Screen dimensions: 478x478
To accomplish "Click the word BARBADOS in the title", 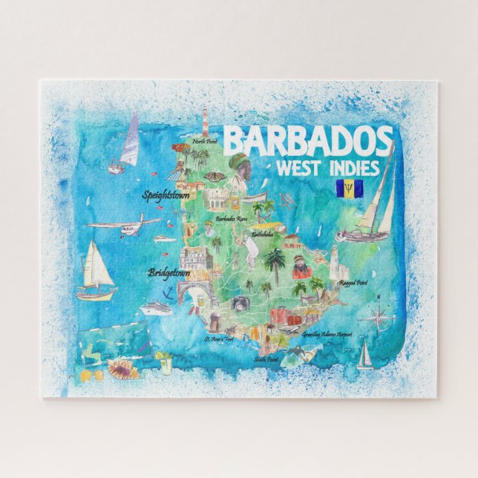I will [308, 140].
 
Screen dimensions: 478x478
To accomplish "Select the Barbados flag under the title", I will [345, 189].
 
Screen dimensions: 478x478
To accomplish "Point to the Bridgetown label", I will [168, 272].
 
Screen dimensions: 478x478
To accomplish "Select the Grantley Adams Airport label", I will [327, 335].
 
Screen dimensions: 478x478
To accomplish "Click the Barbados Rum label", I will [231, 218].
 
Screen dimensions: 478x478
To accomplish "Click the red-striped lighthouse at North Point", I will [205, 122].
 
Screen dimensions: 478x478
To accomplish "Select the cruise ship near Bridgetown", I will [157, 307].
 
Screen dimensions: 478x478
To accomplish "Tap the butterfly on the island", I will [214, 176].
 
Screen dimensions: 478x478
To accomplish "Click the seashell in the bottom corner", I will [123, 368].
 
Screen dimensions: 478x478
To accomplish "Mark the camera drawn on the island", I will [240, 302].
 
